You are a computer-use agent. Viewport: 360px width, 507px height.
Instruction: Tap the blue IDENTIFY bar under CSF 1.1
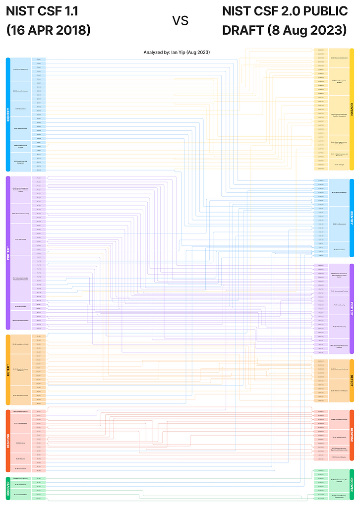(x=8, y=114)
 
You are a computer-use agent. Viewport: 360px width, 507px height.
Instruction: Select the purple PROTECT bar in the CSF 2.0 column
(x=352, y=308)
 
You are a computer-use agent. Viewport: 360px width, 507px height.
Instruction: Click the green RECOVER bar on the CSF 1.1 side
(x=8, y=488)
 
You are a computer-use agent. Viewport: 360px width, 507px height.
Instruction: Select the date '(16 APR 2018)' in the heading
(x=48, y=30)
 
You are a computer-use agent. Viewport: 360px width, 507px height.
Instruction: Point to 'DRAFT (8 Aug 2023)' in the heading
(x=284, y=30)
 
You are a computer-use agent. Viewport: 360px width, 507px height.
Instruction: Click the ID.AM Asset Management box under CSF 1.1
(x=21, y=69)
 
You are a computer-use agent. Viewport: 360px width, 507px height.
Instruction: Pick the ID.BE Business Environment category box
(x=21, y=91)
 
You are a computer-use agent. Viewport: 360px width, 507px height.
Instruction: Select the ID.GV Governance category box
(x=21, y=109)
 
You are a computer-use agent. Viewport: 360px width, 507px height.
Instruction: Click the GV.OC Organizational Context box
(x=339, y=58)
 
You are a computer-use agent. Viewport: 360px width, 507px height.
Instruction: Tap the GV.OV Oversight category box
(x=339, y=165)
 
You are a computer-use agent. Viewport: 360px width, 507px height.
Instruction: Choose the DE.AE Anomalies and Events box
(x=21, y=344)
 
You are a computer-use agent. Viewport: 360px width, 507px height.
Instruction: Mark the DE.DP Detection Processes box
(x=21, y=395)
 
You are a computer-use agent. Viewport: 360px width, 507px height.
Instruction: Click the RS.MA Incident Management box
(x=339, y=420)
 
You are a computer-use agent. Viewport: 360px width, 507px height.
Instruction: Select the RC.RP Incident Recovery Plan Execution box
(x=339, y=480)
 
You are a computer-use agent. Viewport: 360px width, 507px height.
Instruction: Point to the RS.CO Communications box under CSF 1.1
(x=21, y=423)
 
